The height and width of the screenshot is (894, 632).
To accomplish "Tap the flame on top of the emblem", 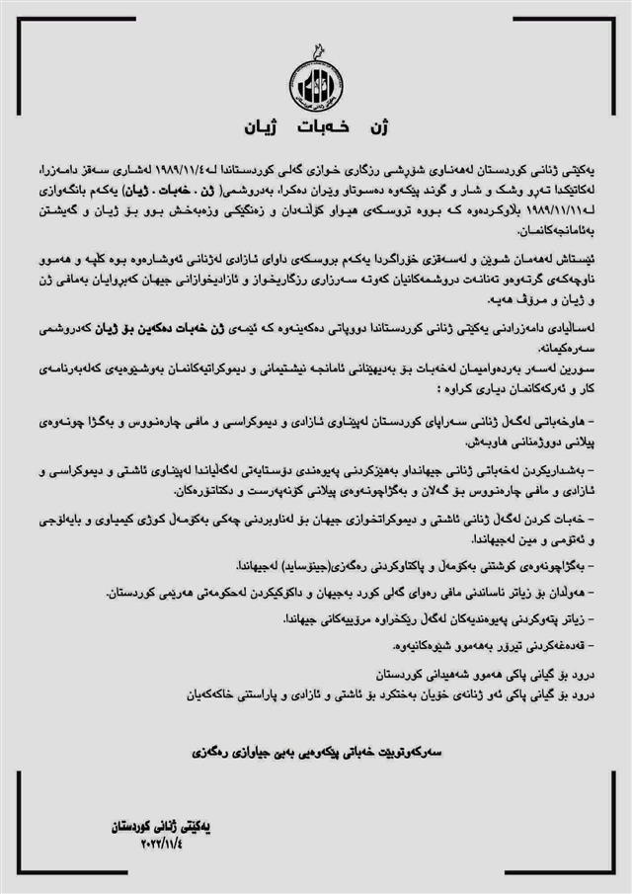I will [x=316, y=48].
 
